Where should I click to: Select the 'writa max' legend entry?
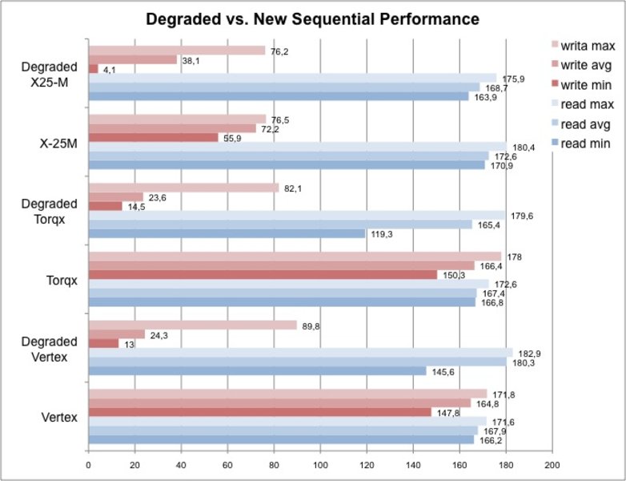(586, 44)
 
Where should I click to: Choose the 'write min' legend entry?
(586, 84)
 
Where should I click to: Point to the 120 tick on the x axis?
(367, 463)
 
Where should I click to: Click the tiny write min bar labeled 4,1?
(93, 69)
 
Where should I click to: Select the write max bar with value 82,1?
(183, 188)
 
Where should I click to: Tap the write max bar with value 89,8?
(192, 325)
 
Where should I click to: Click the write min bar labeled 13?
(103, 344)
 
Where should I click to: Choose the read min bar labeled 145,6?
(257, 371)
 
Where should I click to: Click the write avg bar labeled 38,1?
(132, 59)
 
